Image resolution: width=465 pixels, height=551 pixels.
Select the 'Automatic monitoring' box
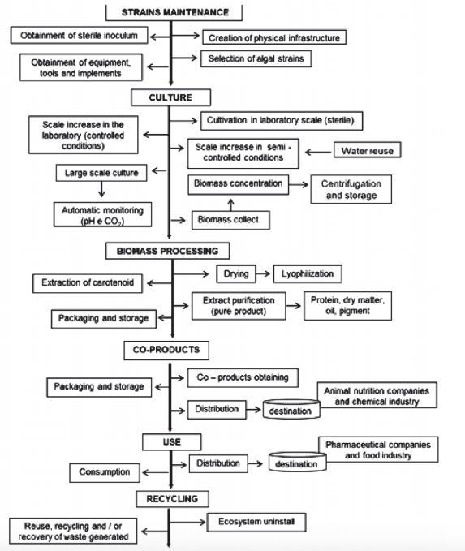pos(93,214)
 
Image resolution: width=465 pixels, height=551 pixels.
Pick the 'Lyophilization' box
pos(308,273)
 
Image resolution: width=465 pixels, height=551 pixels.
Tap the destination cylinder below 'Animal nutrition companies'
pos(291,411)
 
